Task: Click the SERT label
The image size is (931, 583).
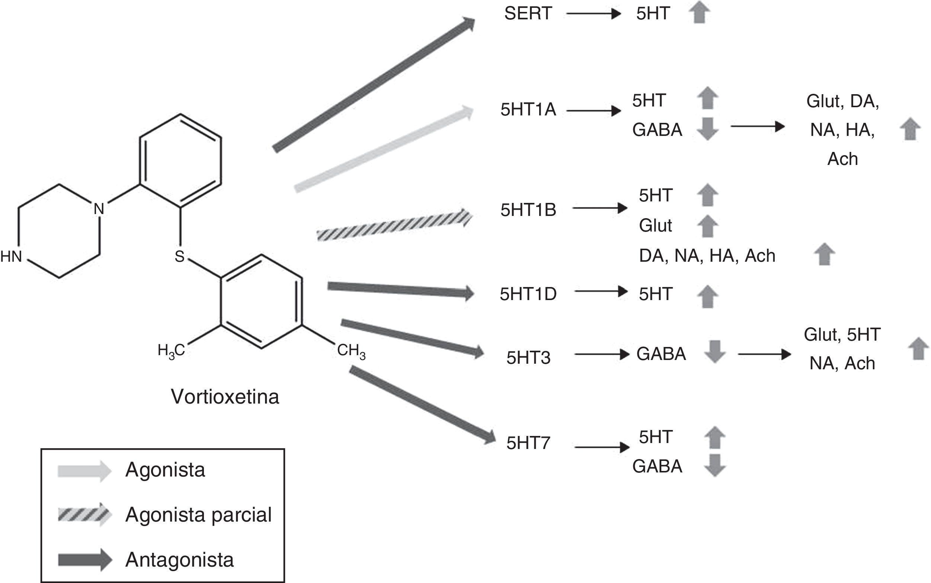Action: coord(528,14)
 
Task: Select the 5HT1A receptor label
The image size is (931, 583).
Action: coord(528,110)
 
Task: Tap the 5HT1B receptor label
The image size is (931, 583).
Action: coord(528,210)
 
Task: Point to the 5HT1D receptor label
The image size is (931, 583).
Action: coord(528,294)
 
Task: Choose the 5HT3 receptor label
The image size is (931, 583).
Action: coord(528,358)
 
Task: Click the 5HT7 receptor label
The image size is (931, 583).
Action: coord(528,443)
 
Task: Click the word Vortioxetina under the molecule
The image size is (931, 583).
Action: coord(225,396)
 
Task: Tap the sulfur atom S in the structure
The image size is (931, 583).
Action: coord(180,257)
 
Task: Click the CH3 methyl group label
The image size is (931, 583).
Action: coord(351,351)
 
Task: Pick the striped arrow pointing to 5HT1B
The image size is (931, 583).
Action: coord(393,226)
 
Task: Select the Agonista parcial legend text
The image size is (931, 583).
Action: coord(198,515)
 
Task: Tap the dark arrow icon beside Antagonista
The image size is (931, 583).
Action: coord(84,560)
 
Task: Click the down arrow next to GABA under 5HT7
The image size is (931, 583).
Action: coord(715,466)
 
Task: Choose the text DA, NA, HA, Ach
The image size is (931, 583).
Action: coord(707,256)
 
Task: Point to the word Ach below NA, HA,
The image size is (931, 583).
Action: coord(842,159)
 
